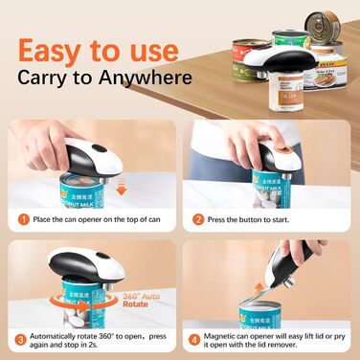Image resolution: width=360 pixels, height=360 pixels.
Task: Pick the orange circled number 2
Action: pyautogui.click(x=198, y=218)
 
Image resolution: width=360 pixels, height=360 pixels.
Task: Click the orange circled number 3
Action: pyautogui.click(x=20, y=338)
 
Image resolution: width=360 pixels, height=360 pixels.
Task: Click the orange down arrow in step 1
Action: pyautogui.click(x=120, y=164)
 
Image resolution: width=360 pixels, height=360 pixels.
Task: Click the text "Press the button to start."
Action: pyautogui.click(x=255, y=218)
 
